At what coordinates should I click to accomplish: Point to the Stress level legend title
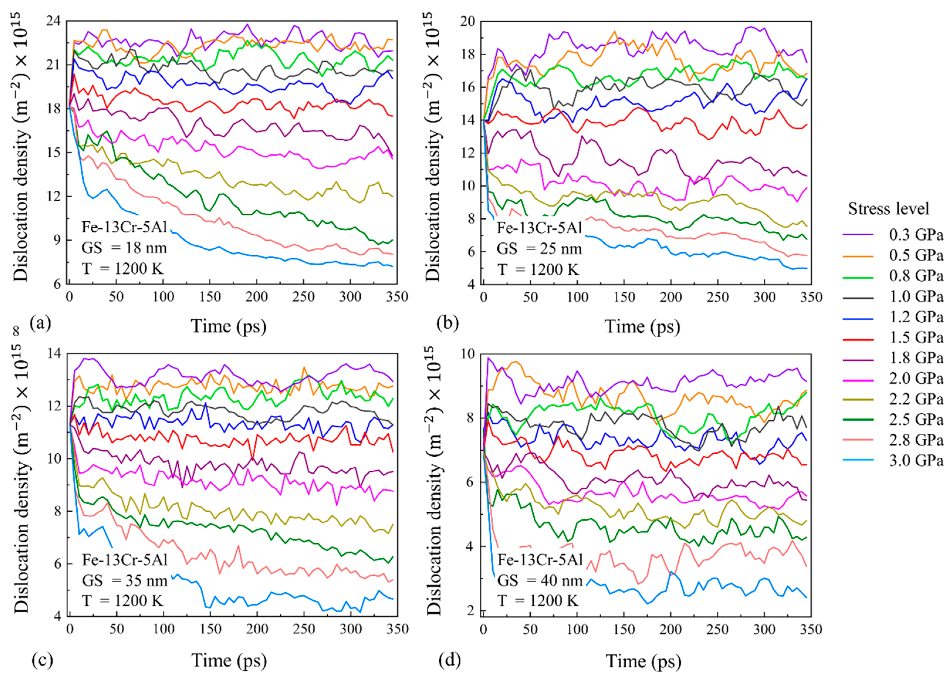pos(888,208)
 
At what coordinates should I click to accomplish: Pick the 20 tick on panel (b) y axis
pos(467,21)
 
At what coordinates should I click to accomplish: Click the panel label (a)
pos(41,323)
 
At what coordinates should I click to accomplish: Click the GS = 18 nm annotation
pos(124,248)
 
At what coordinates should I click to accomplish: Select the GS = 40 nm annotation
pos(540,581)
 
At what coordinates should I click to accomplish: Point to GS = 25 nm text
pos(540,249)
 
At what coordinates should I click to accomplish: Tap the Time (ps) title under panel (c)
pos(229,660)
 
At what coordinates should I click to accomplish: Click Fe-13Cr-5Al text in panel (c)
pos(125,560)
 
